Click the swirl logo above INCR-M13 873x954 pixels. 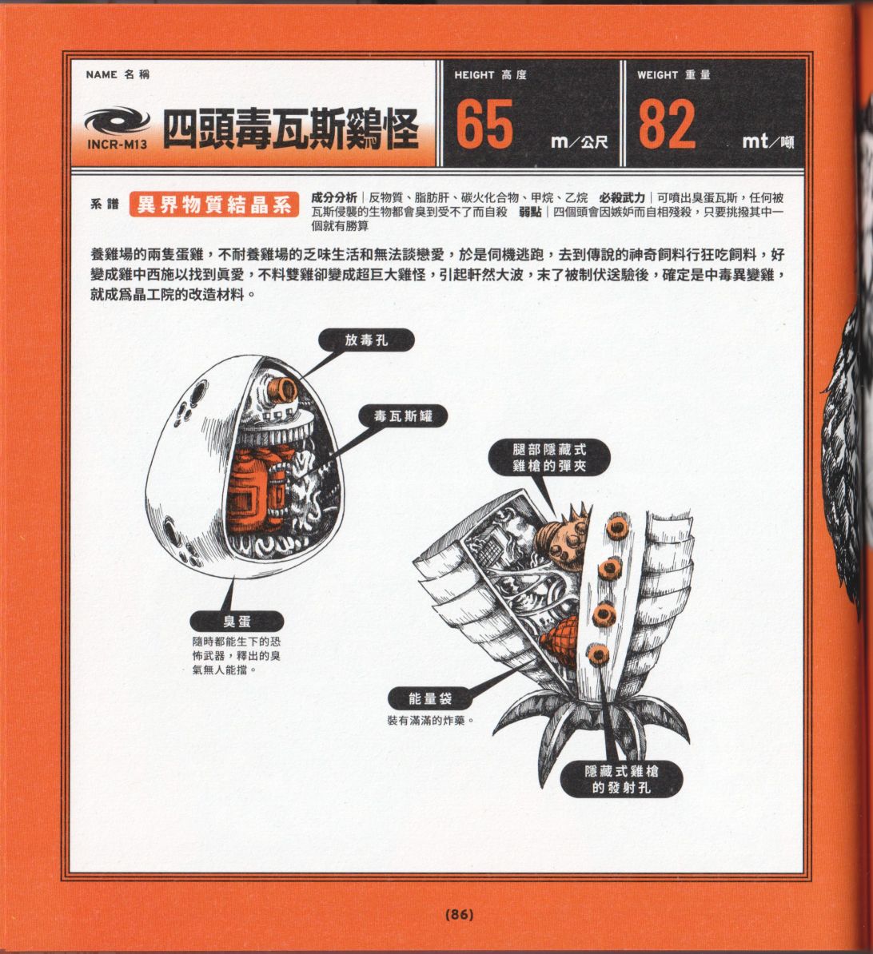pos(117,121)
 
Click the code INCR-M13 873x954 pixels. pos(117,145)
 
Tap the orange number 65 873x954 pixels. pos(484,124)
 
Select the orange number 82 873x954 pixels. pos(667,124)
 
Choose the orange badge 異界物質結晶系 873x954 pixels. pos(213,205)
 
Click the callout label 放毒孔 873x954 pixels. pos(366,340)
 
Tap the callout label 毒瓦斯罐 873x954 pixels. pos(403,416)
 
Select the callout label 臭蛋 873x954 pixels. pos(236,621)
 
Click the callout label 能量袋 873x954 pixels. pos(430,698)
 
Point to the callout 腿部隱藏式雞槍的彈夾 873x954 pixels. pos(549,458)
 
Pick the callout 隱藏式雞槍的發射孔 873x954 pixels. pos(621,779)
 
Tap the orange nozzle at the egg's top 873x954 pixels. pos(285,388)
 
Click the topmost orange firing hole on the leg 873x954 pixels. pos(618,528)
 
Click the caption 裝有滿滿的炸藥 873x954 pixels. pos(430,721)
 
